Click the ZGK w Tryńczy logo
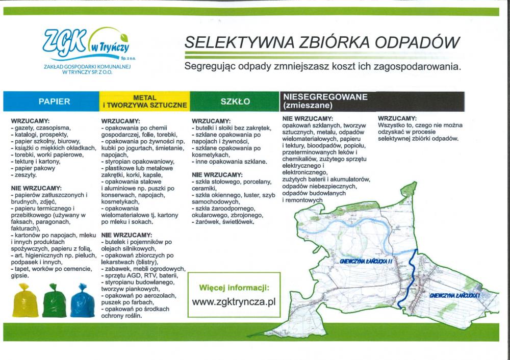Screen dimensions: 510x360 coord(87,50)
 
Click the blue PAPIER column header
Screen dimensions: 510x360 coord(51,101)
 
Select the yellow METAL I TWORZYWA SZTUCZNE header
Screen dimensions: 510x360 coord(145,101)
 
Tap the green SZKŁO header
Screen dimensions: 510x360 coord(235,101)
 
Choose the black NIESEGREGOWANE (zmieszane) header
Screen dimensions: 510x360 coord(372,101)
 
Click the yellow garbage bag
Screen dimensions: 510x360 coord(25,300)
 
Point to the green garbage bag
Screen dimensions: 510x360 coord(54,300)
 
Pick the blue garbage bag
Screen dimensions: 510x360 coord(83,300)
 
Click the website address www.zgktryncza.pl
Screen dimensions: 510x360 coord(234,302)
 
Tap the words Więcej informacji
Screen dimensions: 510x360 coord(234,288)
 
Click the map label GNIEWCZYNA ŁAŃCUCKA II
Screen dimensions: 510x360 coord(366,261)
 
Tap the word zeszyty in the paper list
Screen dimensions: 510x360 coord(25,175)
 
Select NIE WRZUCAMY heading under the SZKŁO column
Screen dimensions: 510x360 coord(217,174)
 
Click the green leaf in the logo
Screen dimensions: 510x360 coord(124,37)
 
